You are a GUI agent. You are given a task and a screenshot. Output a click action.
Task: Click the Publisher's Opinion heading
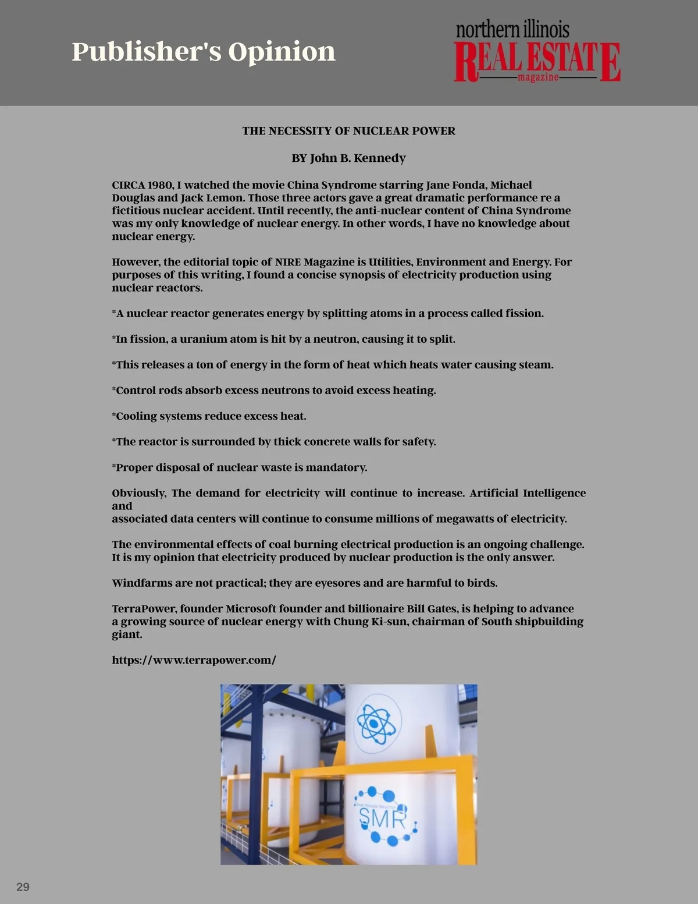(x=204, y=52)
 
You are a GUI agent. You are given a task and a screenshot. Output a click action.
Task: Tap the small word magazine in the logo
(x=538, y=77)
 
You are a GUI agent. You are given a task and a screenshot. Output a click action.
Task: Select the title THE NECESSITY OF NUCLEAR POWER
(x=348, y=131)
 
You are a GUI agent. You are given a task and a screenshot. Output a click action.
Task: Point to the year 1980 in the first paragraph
(x=161, y=185)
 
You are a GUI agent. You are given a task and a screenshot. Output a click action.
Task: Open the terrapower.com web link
(x=194, y=660)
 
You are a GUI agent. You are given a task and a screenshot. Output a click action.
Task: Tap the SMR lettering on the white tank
(x=382, y=818)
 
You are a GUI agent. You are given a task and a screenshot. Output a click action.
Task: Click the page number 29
(x=23, y=887)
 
